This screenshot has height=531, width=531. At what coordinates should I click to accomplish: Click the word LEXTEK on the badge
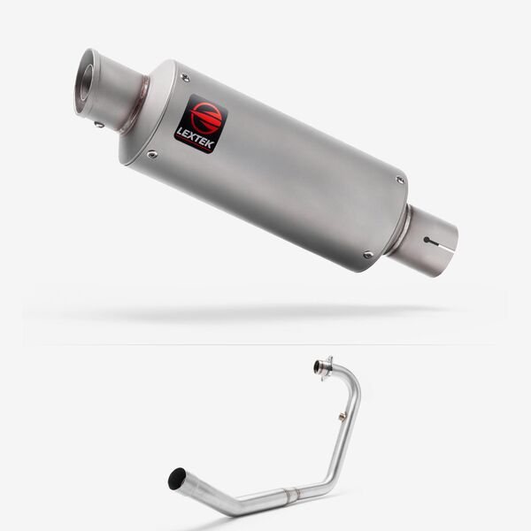pyautogui.click(x=195, y=137)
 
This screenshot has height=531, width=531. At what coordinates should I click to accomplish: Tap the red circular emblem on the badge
pyautogui.click(x=204, y=116)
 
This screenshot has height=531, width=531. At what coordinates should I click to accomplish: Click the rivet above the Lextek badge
pyautogui.click(x=185, y=78)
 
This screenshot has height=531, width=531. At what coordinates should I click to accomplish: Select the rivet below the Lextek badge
pyautogui.click(x=153, y=155)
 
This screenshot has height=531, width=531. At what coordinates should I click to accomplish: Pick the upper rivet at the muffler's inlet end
pyautogui.click(x=400, y=180)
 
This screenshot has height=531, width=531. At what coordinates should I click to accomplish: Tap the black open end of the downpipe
pyautogui.click(x=177, y=479)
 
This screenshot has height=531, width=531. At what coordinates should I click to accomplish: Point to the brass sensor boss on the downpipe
pyautogui.click(x=341, y=414)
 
